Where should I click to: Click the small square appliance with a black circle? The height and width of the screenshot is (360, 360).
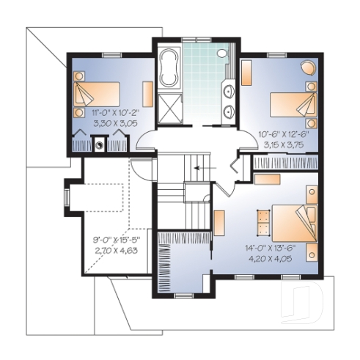[x=98, y=144]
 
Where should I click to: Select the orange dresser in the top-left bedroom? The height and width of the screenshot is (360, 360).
[x=147, y=95]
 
